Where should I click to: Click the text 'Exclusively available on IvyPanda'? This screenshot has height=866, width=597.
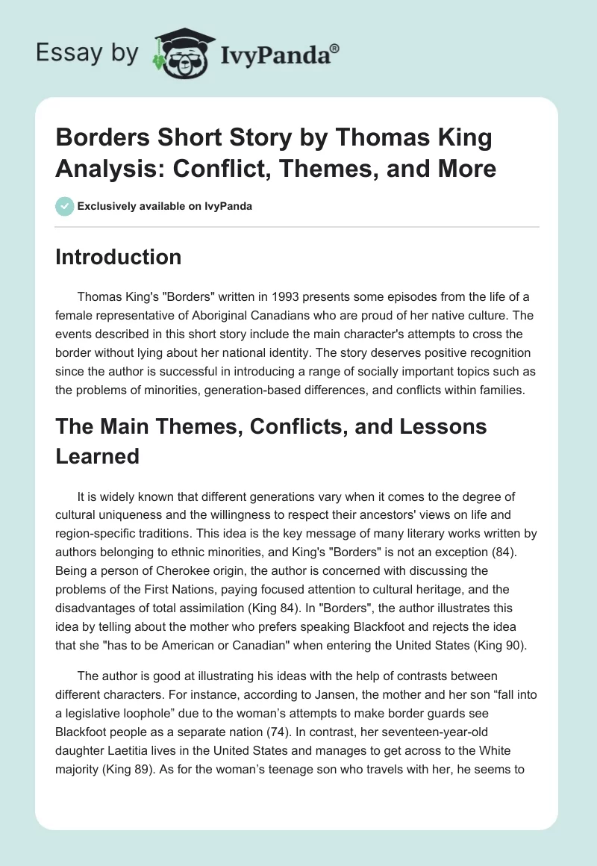pos(163,206)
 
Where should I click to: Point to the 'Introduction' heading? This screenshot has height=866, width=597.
pos(119,257)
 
